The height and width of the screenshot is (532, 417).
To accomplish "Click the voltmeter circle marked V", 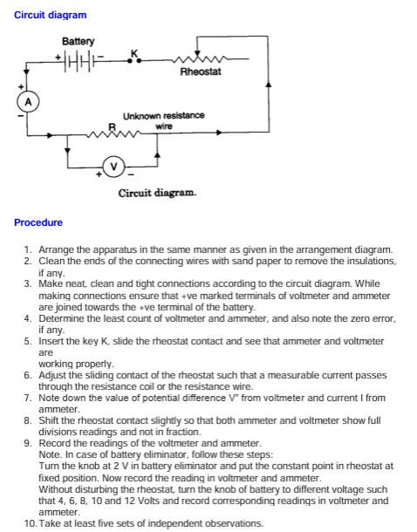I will click(113, 166).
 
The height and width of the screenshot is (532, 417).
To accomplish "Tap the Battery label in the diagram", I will click(79, 41).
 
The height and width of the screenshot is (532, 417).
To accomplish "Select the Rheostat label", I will click(201, 72).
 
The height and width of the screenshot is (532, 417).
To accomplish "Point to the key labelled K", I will click(134, 57).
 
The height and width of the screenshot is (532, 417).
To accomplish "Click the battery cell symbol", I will click(79, 61).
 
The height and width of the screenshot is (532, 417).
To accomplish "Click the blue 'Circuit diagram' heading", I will click(51, 15).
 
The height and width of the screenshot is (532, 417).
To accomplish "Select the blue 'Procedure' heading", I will click(38, 222).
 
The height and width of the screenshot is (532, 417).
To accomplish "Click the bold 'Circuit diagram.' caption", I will click(158, 192).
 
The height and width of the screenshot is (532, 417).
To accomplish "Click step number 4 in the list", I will click(28, 320).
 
